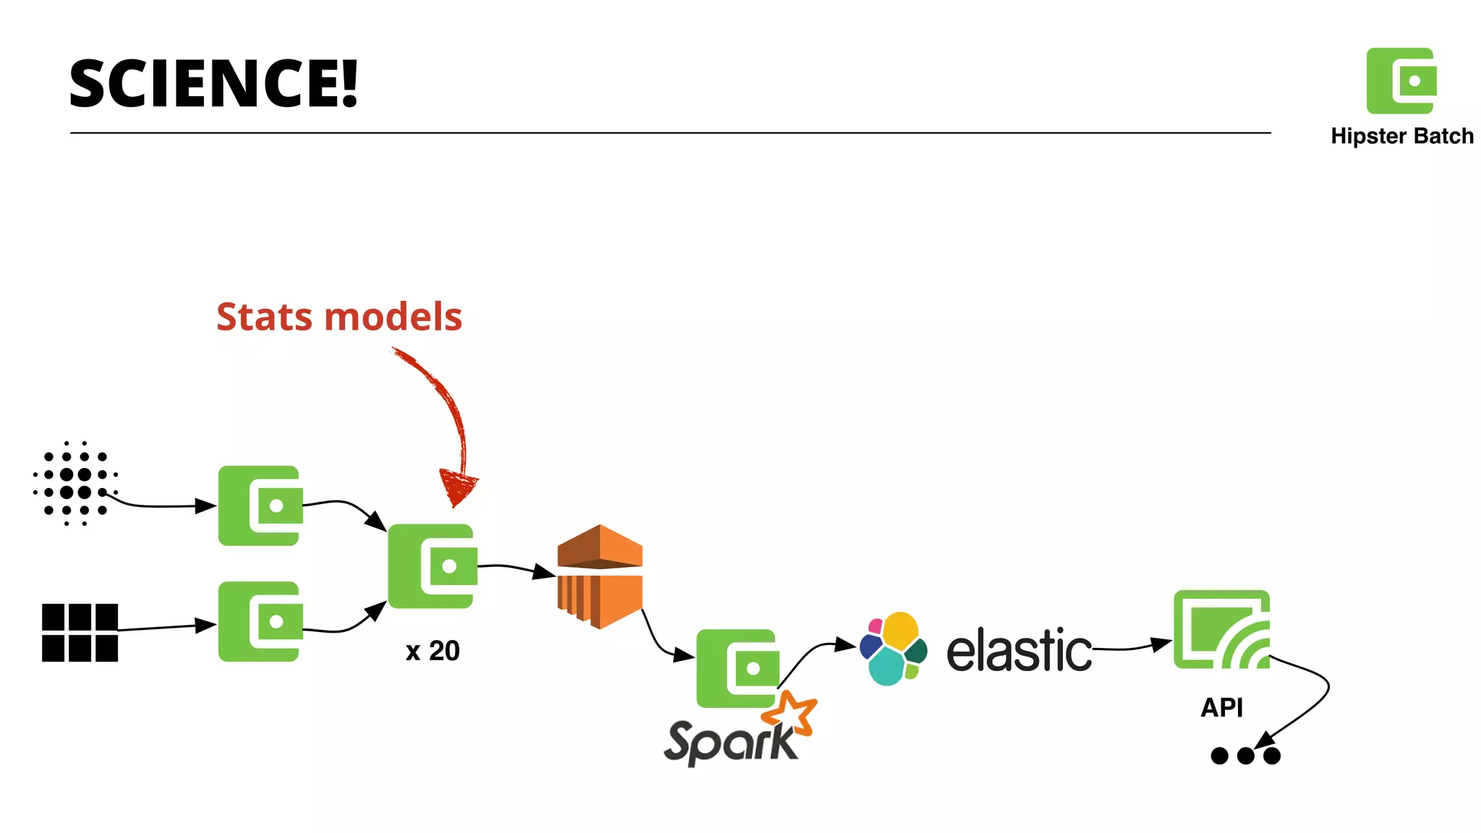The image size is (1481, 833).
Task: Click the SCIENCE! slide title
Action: (x=213, y=84)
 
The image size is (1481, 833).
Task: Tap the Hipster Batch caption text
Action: (x=1401, y=136)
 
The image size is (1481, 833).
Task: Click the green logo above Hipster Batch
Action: (x=1401, y=81)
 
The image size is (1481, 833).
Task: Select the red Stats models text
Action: (x=339, y=317)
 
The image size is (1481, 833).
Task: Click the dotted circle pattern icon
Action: (x=75, y=483)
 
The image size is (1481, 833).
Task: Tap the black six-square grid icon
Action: (x=80, y=633)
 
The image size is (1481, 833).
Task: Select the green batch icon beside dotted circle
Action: (x=260, y=505)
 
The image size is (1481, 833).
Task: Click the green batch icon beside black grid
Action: (x=260, y=621)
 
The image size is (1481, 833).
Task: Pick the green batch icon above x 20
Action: (x=432, y=566)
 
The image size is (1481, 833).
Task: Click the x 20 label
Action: (x=432, y=651)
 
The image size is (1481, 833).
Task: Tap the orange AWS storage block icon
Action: (x=599, y=576)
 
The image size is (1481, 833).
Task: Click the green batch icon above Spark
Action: (x=737, y=669)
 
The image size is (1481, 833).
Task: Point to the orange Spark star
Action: (x=790, y=712)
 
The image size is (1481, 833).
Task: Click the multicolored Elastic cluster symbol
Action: (x=893, y=649)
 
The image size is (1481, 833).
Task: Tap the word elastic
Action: (x=1019, y=650)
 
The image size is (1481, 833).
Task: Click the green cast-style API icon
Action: (x=1221, y=629)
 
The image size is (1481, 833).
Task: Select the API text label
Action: (x=1221, y=707)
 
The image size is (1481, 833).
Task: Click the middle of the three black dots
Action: (x=1245, y=756)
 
